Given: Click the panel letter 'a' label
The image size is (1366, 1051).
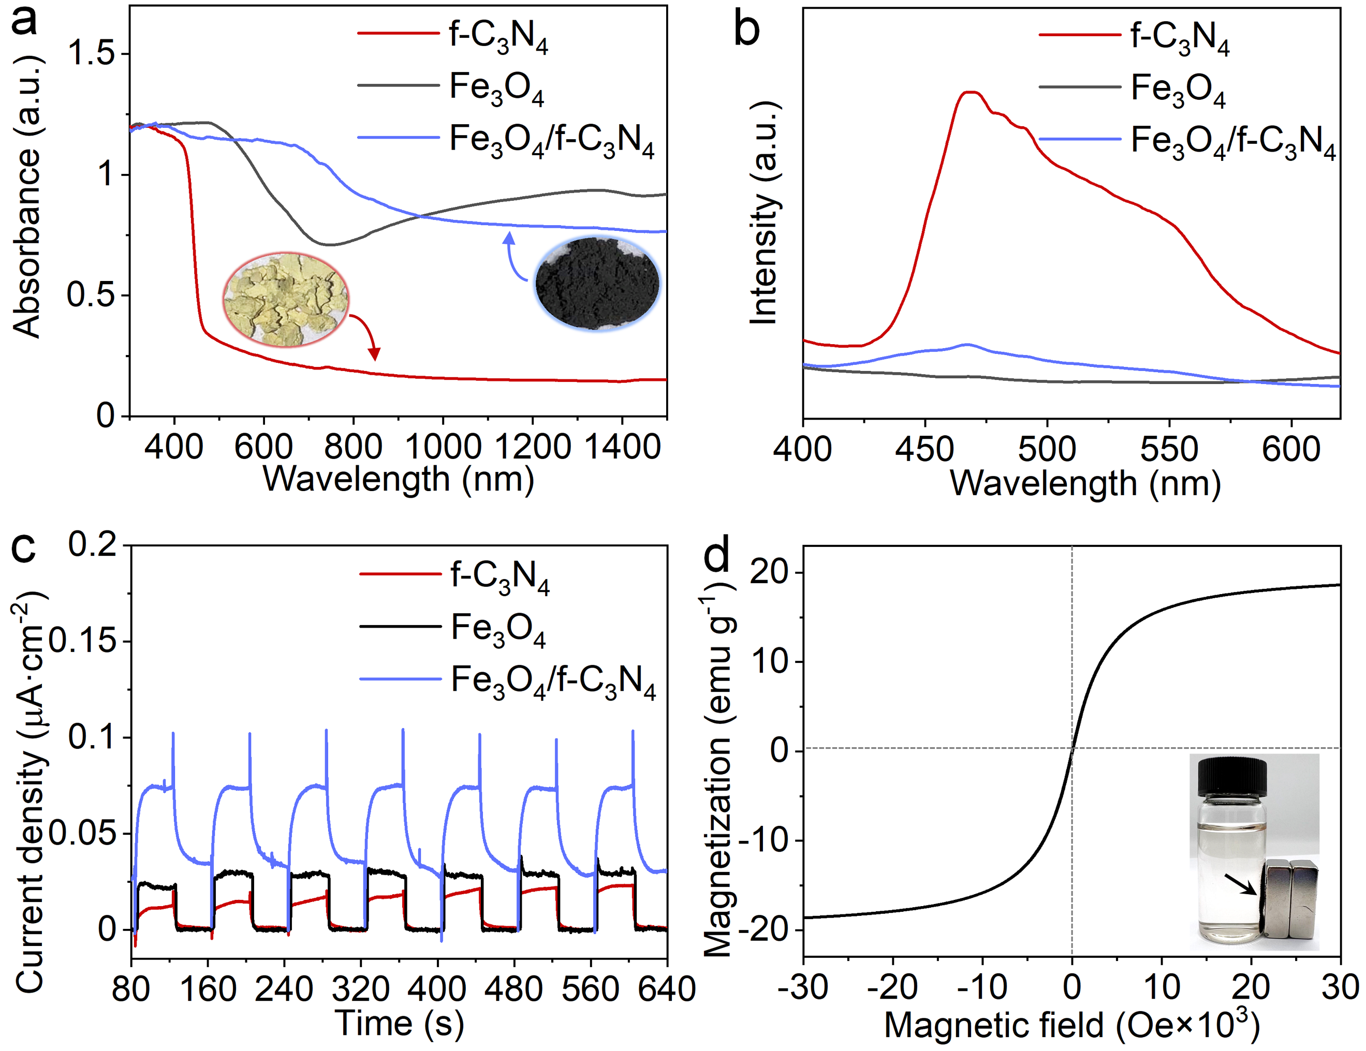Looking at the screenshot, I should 24,20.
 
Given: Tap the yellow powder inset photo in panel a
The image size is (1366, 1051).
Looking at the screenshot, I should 286,299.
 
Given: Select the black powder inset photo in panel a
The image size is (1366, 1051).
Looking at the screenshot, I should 597,284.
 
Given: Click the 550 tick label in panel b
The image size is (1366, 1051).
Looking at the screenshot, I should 1168,449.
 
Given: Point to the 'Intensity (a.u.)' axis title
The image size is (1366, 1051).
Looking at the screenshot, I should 765,213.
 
